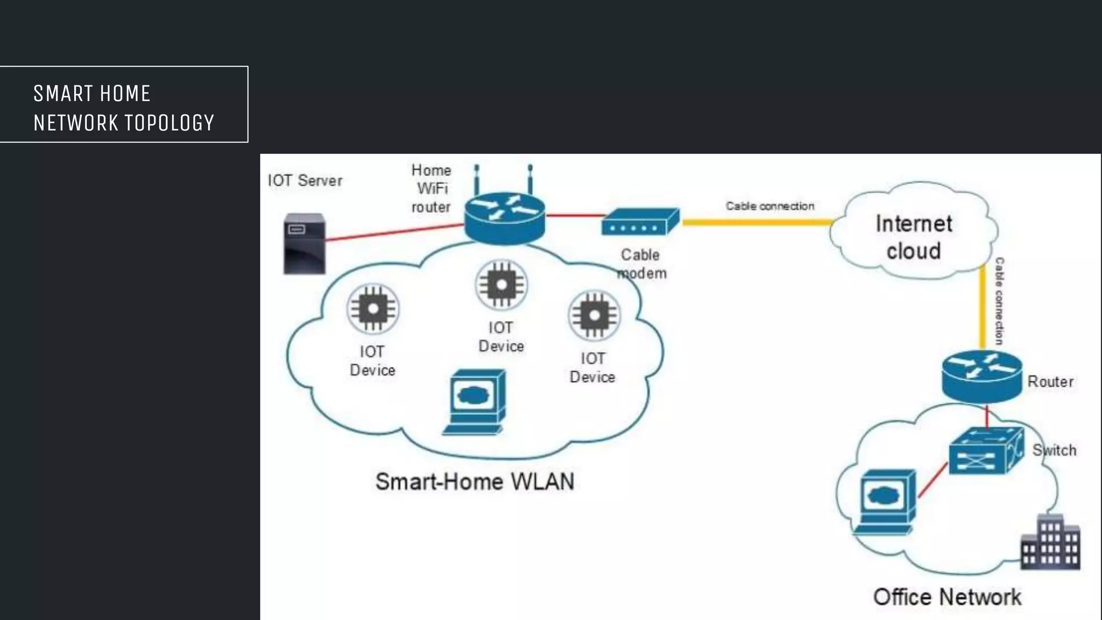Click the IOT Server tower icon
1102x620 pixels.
(305, 243)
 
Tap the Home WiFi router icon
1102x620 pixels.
(505, 218)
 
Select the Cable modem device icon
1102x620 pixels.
(640, 222)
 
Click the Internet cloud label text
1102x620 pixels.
(914, 237)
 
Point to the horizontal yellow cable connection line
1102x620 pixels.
(756, 222)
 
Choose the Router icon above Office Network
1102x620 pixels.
(981, 376)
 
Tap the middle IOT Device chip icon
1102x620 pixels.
(501, 285)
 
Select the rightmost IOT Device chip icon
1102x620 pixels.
(594, 316)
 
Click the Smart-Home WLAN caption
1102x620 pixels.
(475, 481)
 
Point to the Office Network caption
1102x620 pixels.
(946, 597)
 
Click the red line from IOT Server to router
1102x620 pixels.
(393, 232)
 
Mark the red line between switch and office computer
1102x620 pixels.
(933, 480)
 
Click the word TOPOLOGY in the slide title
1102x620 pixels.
(169, 123)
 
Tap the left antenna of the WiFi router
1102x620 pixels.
(477, 180)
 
